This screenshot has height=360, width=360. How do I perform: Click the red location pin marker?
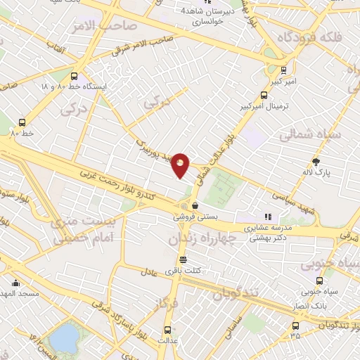tap(181, 165)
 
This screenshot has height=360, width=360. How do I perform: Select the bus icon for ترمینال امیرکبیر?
tap(264, 95)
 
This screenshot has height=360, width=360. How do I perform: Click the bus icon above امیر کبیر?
tap(283, 70)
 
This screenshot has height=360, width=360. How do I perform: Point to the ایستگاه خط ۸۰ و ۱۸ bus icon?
tap(75, 77)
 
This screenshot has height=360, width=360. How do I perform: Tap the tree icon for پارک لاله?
tap(315, 162)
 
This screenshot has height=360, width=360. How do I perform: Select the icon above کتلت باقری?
tap(183, 259)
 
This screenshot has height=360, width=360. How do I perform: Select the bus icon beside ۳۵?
tap(295, 325)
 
